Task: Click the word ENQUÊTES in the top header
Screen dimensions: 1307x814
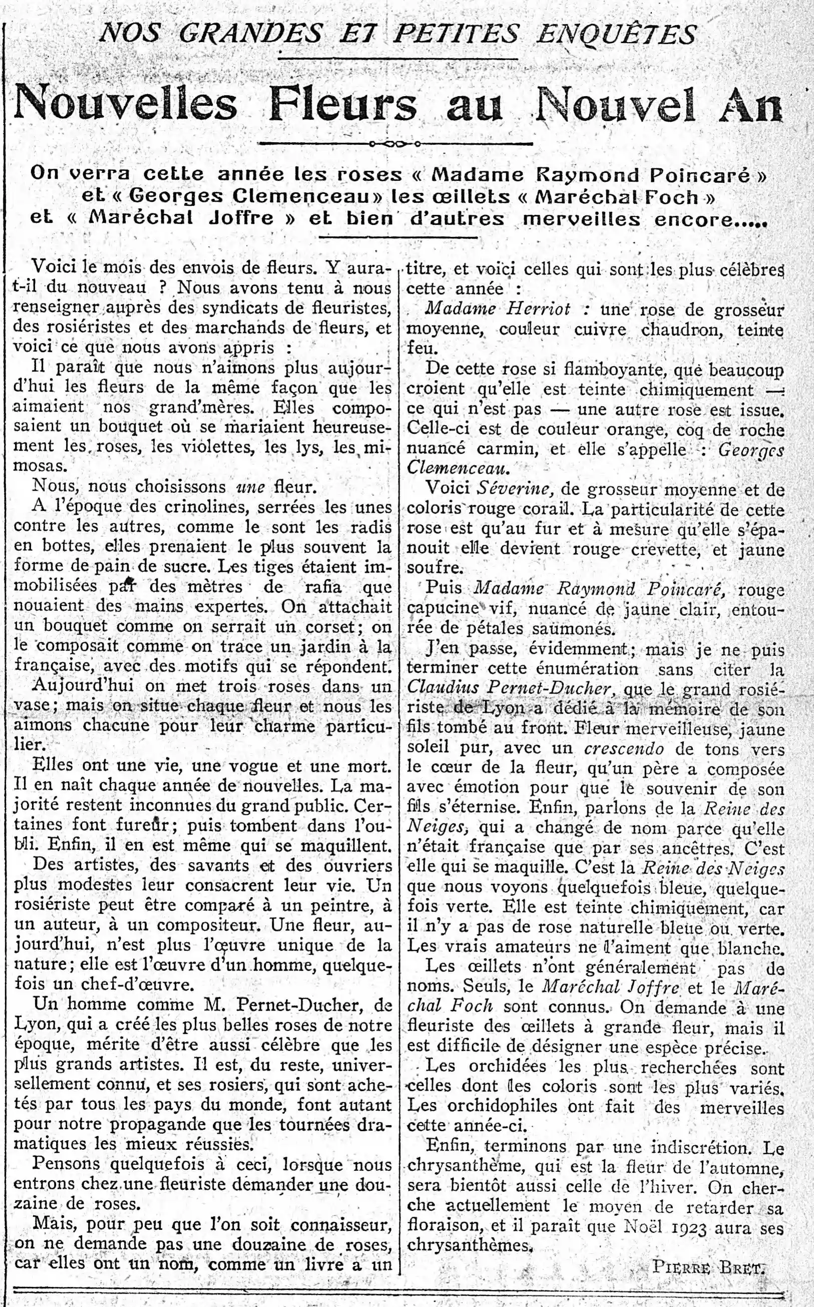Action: pos(616,34)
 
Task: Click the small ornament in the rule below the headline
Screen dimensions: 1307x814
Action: pos(395,144)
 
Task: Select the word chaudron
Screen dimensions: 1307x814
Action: pos(679,329)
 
